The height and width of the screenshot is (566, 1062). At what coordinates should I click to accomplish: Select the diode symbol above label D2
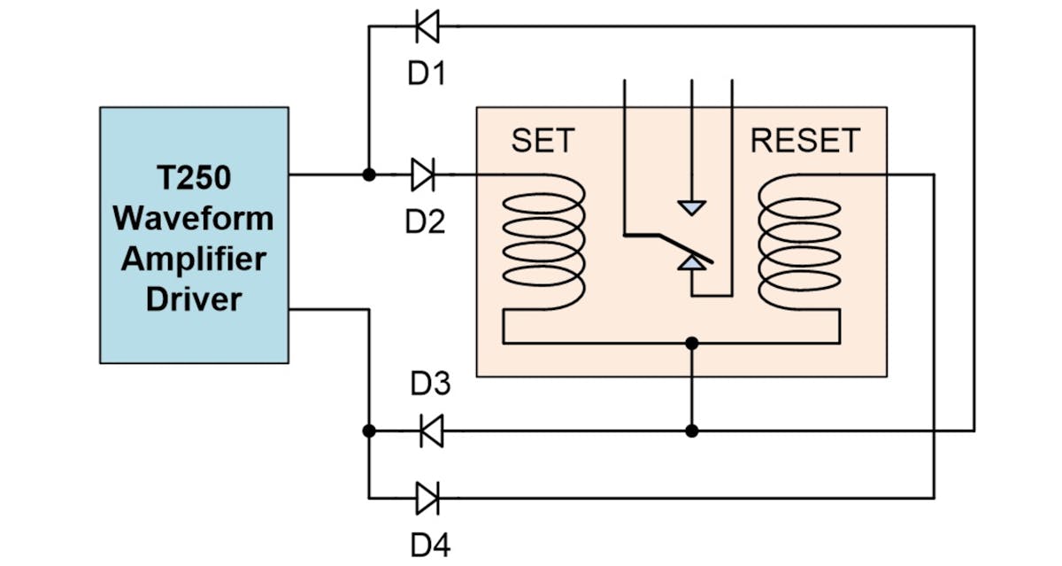point(423,175)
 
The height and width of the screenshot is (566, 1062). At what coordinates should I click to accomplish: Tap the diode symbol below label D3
point(430,431)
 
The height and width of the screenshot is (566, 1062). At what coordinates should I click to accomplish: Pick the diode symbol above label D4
point(427,498)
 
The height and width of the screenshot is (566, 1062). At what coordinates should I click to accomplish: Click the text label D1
point(426,74)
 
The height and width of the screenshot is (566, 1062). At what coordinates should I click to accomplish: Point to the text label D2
point(425,221)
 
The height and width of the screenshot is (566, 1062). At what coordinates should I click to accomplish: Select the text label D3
point(431,385)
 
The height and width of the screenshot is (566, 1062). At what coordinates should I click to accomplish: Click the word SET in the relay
point(543,141)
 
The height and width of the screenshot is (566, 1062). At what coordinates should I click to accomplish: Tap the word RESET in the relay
point(804,141)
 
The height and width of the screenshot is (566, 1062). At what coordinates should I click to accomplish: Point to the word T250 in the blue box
point(194,178)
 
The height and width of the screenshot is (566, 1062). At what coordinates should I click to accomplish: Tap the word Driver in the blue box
point(194,299)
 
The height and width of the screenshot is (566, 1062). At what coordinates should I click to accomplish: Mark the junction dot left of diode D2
point(369,175)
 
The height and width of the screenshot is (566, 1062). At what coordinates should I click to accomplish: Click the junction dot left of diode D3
point(369,431)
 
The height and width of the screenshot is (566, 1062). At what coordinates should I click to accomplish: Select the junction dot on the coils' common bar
point(692,342)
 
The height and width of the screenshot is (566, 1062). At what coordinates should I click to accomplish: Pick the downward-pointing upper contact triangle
point(691,208)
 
